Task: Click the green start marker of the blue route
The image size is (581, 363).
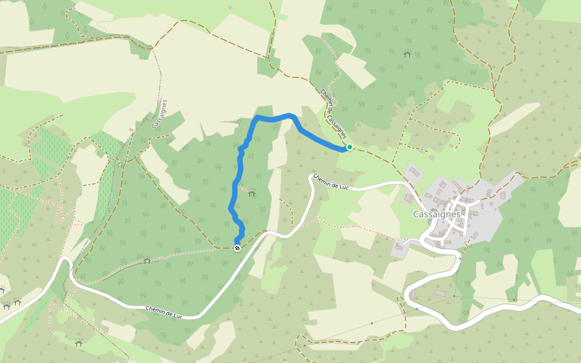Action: point(349,147)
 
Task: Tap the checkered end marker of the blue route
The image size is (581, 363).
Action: point(237,247)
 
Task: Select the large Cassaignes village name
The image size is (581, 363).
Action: point(436,214)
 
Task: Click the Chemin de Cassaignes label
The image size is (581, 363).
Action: point(333,113)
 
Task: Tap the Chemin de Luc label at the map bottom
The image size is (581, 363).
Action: point(164,312)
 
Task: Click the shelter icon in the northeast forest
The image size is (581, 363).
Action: point(407,54)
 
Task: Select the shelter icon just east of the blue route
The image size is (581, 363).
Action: point(252,194)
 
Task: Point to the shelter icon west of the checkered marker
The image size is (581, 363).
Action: point(146,261)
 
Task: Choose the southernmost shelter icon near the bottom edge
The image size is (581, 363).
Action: point(79,343)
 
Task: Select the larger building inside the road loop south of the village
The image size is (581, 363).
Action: point(440,293)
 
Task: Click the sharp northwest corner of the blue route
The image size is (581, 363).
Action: point(257,117)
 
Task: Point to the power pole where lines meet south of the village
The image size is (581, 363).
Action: point(459,258)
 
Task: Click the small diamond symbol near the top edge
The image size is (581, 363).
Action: point(230,7)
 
